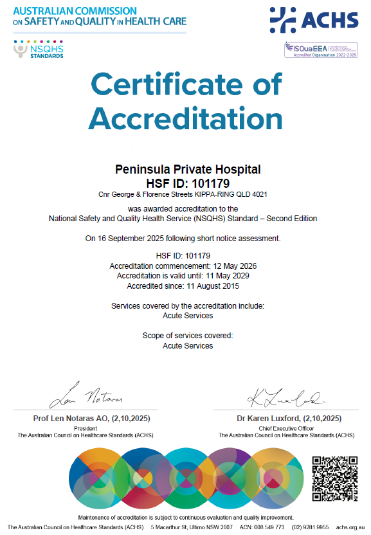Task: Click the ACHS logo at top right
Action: (x=314, y=19)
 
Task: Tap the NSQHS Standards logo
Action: (x=38, y=50)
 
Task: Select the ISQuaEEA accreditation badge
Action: (x=321, y=50)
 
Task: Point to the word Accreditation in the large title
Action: (x=186, y=119)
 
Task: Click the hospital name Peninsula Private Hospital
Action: (x=187, y=170)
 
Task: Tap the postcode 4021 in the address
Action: (x=259, y=194)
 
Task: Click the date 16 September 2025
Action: (x=140, y=239)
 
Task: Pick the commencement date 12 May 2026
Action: (x=234, y=266)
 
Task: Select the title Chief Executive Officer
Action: (x=286, y=428)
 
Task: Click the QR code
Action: (x=334, y=478)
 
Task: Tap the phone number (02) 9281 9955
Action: (x=311, y=527)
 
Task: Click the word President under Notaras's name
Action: (x=85, y=428)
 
